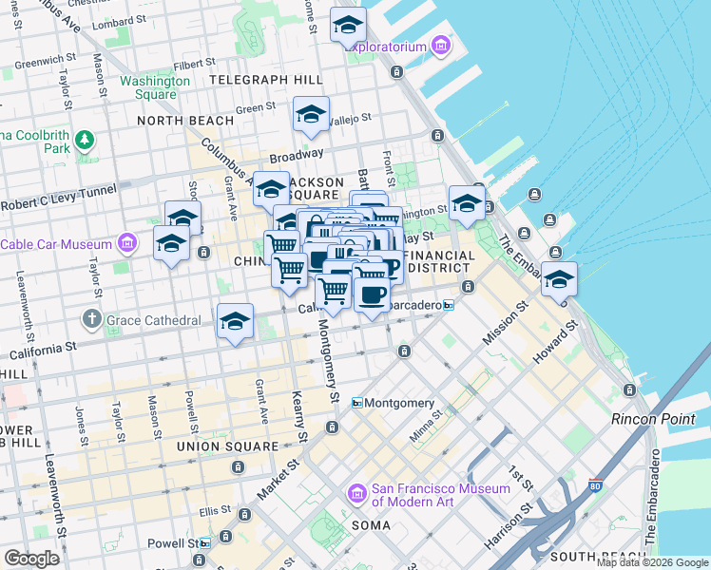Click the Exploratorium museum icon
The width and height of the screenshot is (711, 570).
click(440, 46)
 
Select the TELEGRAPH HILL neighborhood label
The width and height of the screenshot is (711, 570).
click(259, 79)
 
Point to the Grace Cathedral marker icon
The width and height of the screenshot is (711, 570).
click(92, 319)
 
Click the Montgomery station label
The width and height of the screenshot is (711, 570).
click(400, 403)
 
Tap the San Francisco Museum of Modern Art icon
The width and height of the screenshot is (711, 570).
click(357, 494)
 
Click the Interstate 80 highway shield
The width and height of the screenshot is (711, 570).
click(595, 487)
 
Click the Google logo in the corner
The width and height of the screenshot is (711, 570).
click(31, 559)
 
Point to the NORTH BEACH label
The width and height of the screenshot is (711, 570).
click(184, 121)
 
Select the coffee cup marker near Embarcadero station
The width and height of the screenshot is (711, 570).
click(372, 293)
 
